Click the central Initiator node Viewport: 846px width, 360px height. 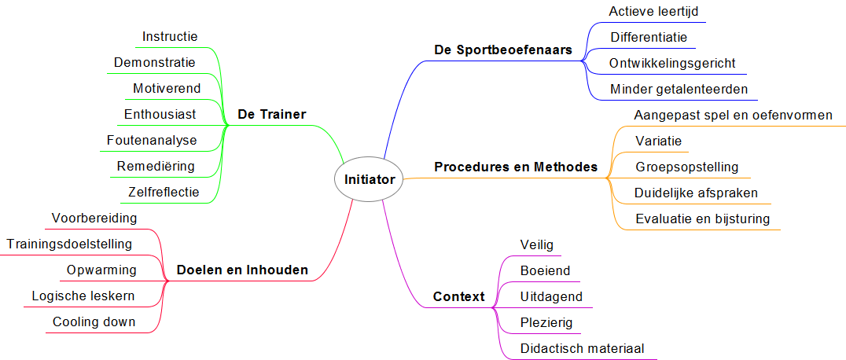[369, 179]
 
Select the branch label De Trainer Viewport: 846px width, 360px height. [271, 115]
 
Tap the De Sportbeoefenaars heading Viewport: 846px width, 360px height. [502, 50]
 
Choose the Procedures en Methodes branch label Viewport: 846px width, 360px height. [516, 167]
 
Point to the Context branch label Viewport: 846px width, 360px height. [458, 296]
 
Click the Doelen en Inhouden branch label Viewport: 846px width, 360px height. [242, 270]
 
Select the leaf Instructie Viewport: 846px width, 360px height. [170, 36]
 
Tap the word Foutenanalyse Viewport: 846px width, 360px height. [152, 141]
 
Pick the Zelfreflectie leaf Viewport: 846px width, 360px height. [164, 192]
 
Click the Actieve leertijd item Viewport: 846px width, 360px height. [653, 11]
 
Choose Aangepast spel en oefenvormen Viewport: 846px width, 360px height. [733, 116]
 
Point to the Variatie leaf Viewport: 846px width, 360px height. [658, 141]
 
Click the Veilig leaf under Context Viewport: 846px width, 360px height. [537, 244]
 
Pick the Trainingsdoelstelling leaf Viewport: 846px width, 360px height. [69, 244]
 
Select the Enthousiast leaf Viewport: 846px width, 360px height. [160, 115]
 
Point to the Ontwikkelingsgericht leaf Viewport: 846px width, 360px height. [672, 63]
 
